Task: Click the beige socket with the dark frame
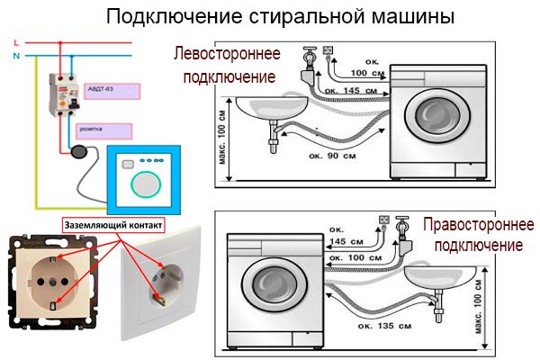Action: (53, 280)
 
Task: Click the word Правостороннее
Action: (478, 224)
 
